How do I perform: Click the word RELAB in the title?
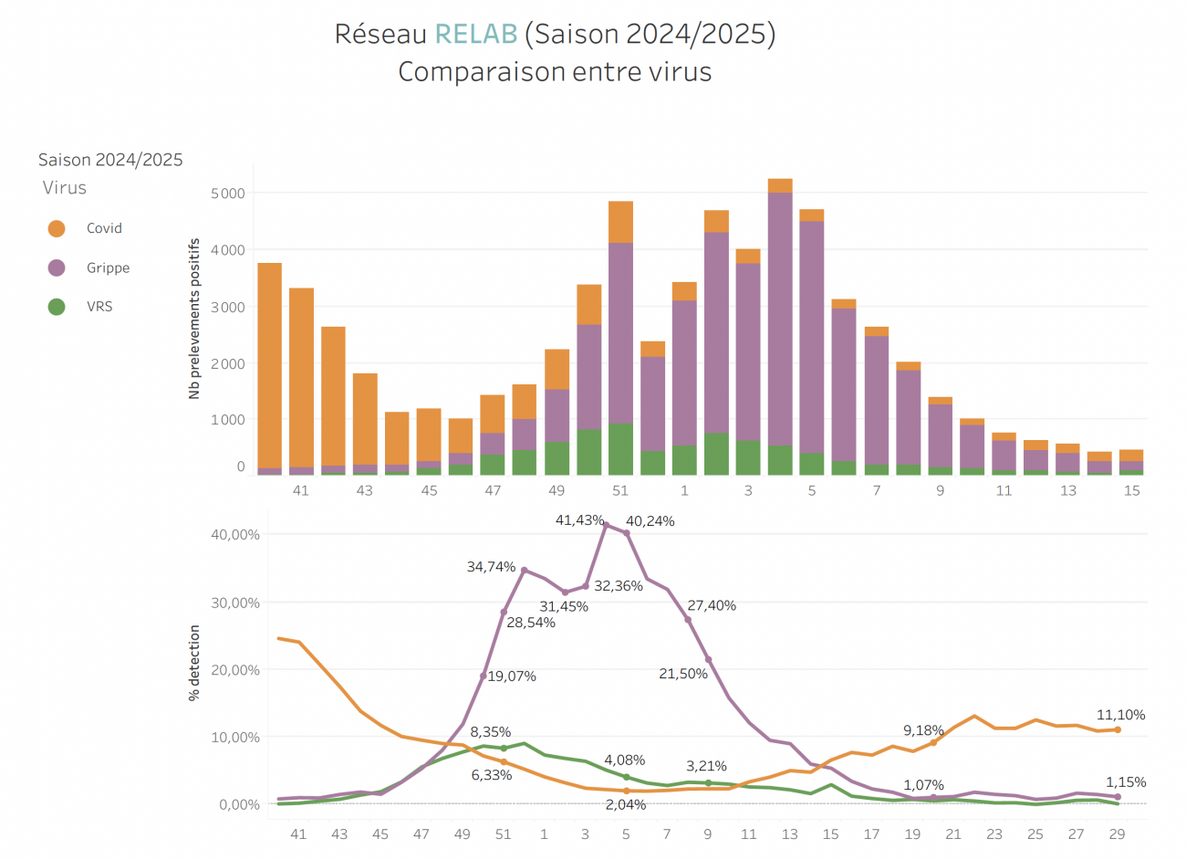click(476, 34)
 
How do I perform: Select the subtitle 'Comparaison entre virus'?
click(555, 72)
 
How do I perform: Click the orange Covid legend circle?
click(57, 228)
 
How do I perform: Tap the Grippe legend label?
click(108, 267)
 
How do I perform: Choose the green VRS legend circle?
click(57, 307)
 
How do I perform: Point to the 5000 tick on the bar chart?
click(228, 194)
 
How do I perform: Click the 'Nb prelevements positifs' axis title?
click(194, 319)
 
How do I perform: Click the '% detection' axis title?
click(194, 663)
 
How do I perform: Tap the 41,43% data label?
click(579, 520)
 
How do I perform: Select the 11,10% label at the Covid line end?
click(1120, 715)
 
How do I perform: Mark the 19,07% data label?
click(512, 676)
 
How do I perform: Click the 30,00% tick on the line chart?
click(235, 603)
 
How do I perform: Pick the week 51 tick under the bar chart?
click(620, 491)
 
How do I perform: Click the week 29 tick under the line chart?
click(1117, 834)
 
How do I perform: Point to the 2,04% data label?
click(626, 804)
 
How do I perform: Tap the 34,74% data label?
click(491, 567)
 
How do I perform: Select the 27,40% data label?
click(712, 605)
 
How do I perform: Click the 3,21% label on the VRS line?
click(706, 766)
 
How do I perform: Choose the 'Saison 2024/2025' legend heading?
click(110, 160)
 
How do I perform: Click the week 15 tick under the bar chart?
click(1131, 491)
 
